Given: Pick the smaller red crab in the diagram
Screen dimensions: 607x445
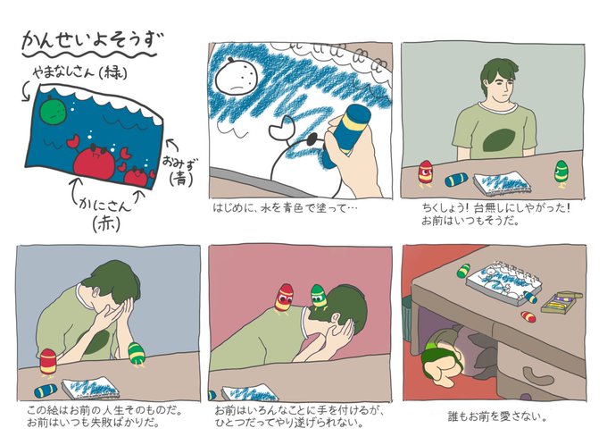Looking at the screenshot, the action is (137, 176).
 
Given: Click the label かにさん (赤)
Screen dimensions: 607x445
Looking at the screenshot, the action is (105, 214).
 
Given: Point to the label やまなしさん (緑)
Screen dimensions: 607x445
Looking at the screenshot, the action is (79, 72).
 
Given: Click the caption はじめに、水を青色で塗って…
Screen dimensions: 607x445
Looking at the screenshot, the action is (285, 208).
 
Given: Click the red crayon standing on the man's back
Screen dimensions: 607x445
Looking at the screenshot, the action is (285, 298).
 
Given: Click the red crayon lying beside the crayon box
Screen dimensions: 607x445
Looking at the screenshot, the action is (528, 316).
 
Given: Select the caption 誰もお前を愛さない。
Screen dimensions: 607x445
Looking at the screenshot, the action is (497, 417).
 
